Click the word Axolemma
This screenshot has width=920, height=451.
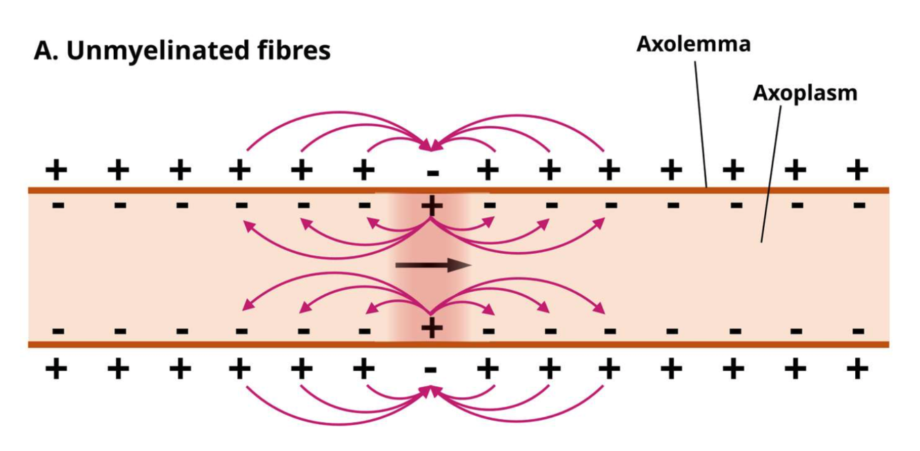[x=693, y=44]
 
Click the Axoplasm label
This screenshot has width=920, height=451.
[x=805, y=93]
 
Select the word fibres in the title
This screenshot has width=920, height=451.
[x=295, y=51]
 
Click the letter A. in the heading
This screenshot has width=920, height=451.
[x=46, y=51]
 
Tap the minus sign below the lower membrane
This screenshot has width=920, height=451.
[x=431, y=370]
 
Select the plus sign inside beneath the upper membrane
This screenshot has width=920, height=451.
[x=432, y=204]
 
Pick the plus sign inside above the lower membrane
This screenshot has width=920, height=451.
[x=432, y=329]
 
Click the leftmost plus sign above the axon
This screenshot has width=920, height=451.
[x=57, y=169]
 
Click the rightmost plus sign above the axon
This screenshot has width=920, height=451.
[x=857, y=169]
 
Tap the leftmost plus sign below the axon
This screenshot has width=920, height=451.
[x=57, y=370]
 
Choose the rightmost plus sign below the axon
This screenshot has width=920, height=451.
[x=857, y=370]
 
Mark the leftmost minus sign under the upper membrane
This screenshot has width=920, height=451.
[x=58, y=205]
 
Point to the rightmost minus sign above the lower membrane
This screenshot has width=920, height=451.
[x=859, y=330]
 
